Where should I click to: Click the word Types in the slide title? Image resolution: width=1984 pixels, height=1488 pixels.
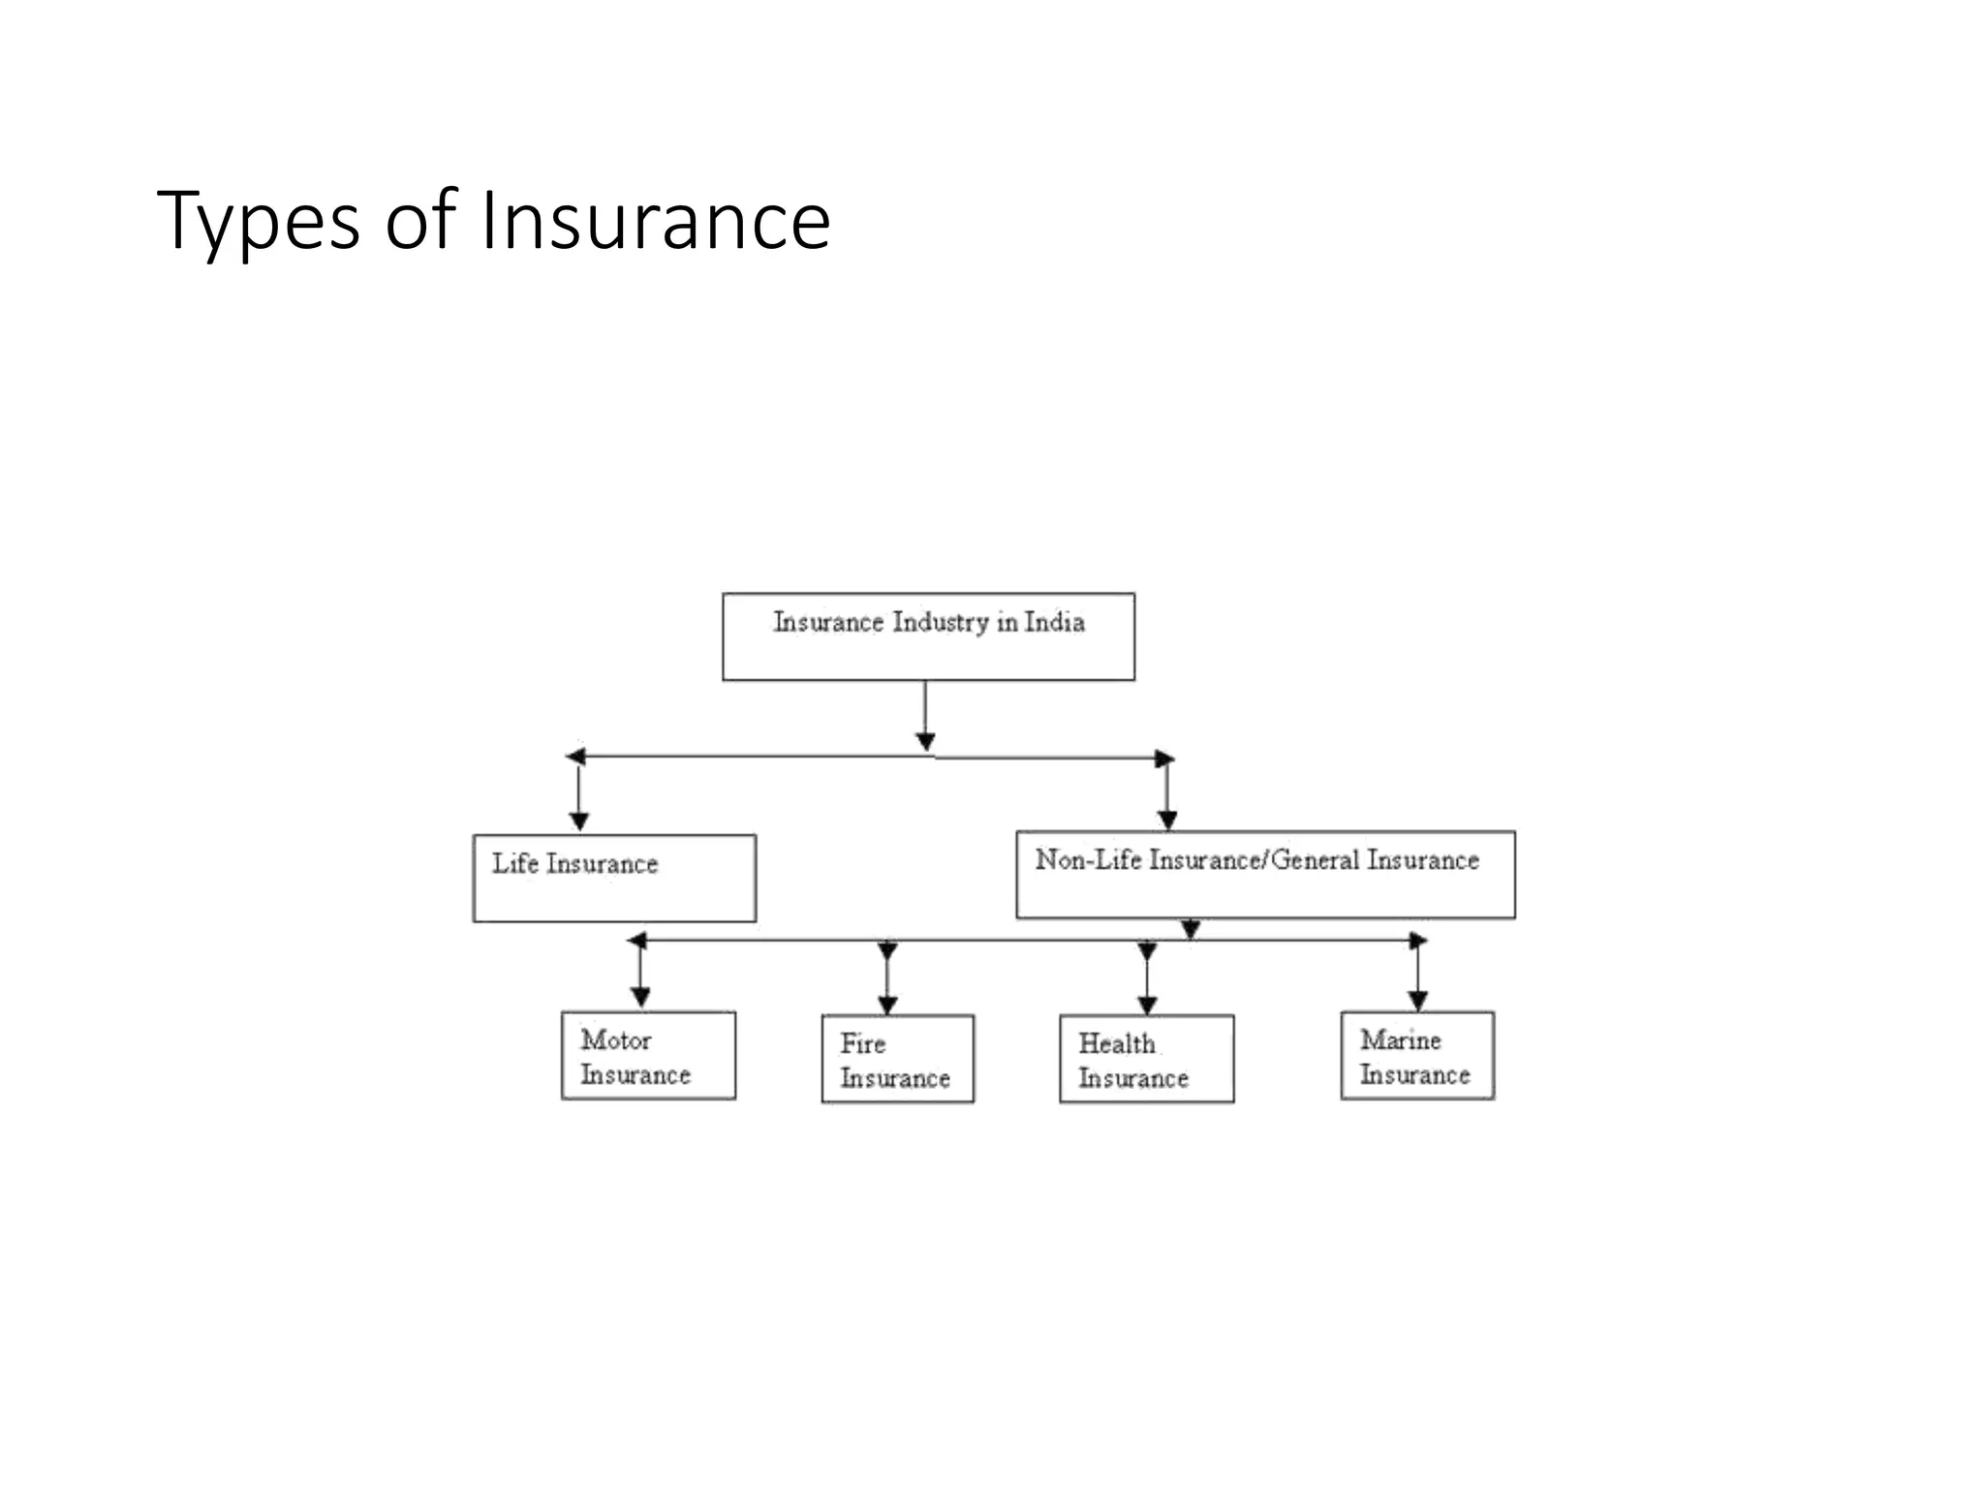(258, 222)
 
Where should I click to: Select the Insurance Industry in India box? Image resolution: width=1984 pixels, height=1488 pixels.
(928, 636)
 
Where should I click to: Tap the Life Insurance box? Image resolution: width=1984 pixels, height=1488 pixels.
(614, 878)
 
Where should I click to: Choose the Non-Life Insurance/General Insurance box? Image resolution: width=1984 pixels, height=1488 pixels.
(1265, 874)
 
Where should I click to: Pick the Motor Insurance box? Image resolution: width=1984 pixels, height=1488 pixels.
(648, 1055)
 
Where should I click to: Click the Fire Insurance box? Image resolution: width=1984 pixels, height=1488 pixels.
(897, 1058)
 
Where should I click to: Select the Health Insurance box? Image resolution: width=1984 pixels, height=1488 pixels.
(1146, 1058)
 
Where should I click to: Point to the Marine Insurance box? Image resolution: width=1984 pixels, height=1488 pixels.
(1417, 1055)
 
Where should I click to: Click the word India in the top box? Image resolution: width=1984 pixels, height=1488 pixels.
(1054, 622)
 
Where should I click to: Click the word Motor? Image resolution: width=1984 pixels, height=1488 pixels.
(615, 1039)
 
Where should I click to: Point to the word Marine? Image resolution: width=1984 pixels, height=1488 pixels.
(1400, 1039)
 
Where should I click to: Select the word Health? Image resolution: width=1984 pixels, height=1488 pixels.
(1116, 1043)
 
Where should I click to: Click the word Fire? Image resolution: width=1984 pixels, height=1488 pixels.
(862, 1043)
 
